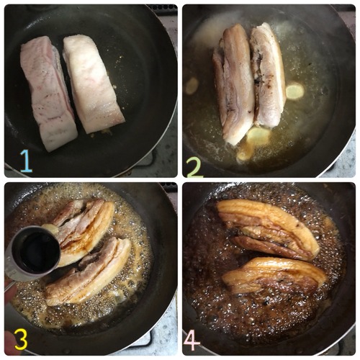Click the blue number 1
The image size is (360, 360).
pos(27,161)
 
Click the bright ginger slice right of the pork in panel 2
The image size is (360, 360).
pos(295,91)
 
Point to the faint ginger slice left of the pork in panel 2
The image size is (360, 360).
pos(192,86)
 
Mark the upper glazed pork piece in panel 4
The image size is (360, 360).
pos(268,229)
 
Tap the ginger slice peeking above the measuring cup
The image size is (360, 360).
pos(50,228)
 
